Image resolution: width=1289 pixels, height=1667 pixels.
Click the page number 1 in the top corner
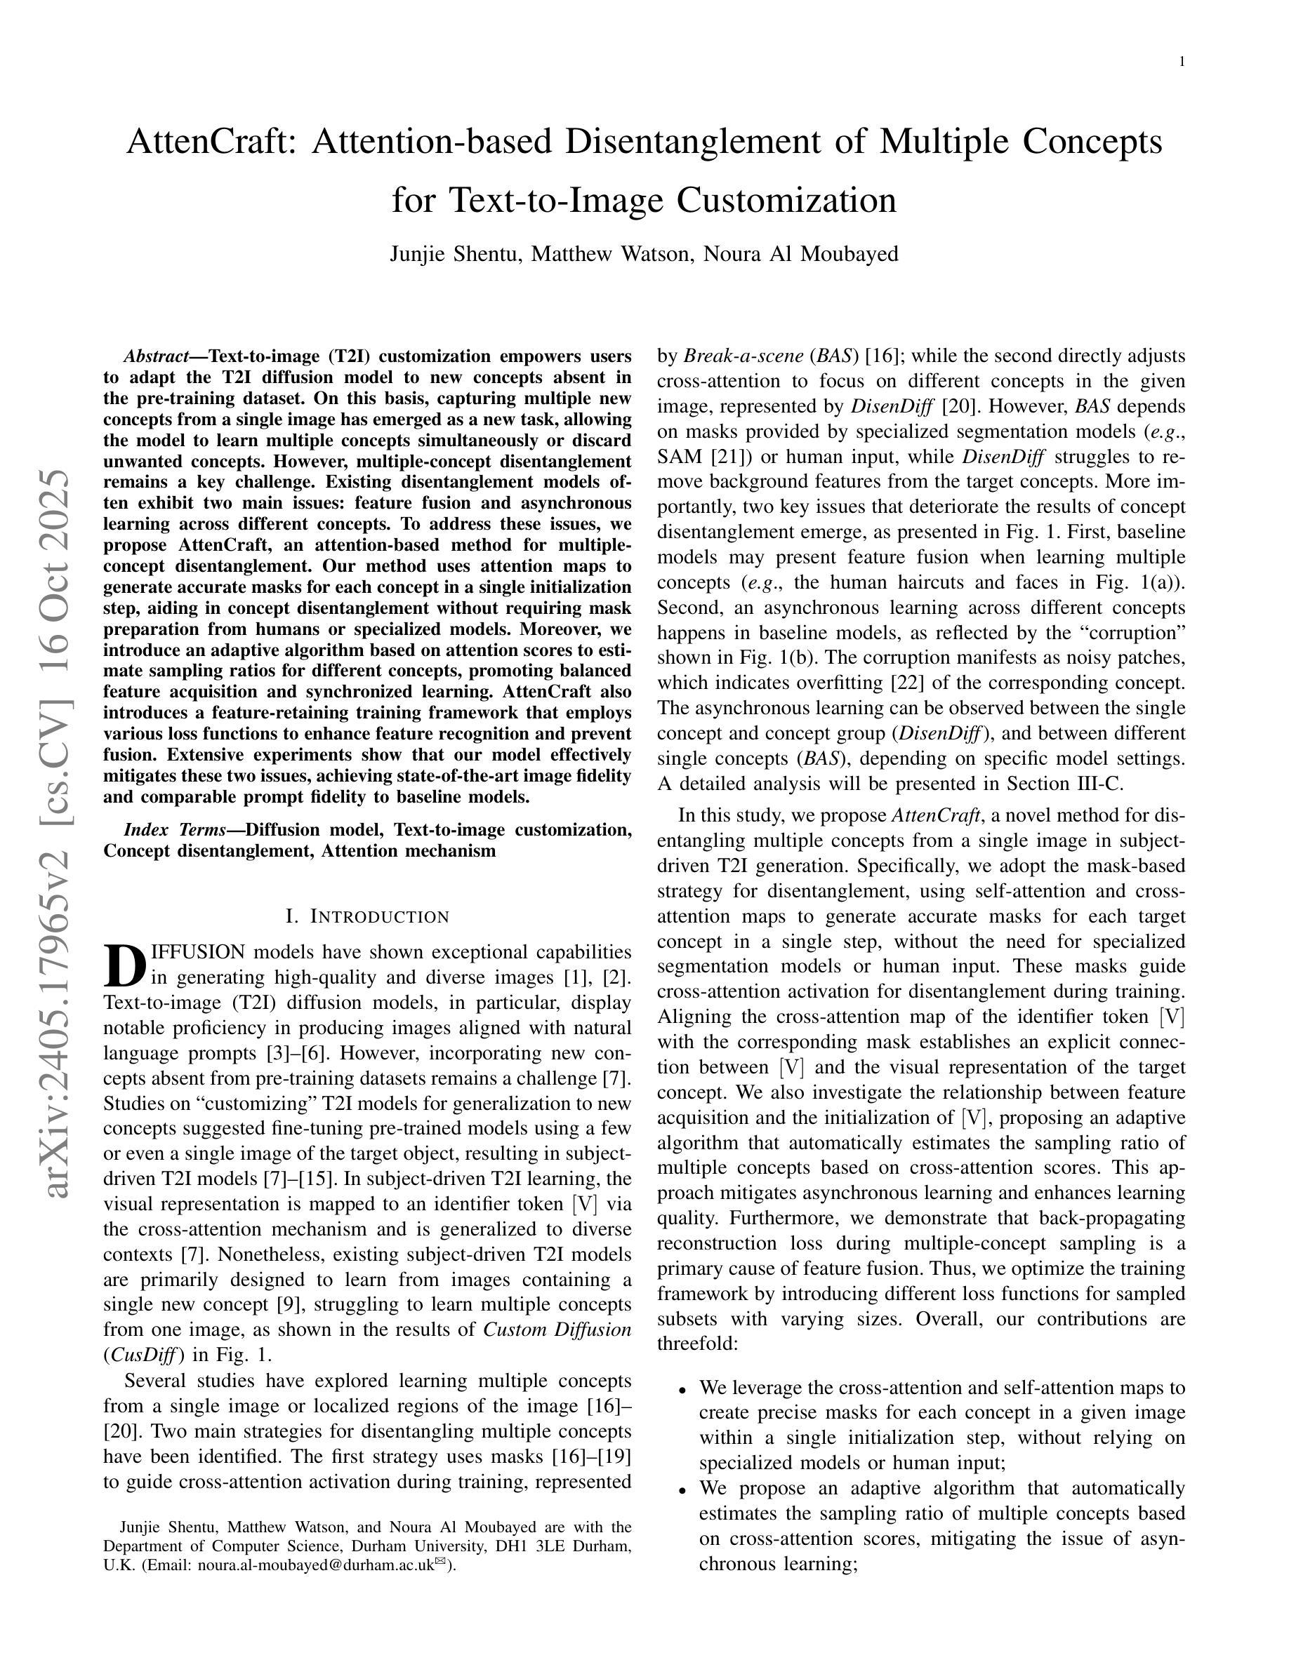(x=1182, y=62)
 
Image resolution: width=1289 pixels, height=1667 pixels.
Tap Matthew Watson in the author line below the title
(x=610, y=253)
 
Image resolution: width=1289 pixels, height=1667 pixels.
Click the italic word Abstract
(x=157, y=356)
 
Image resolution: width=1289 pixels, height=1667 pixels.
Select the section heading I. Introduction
(x=366, y=917)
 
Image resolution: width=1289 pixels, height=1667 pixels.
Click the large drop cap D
(x=124, y=965)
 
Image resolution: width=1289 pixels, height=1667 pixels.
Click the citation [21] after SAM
(x=727, y=457)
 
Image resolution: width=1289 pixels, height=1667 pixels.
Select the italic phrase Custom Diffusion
(x=557, y=1329)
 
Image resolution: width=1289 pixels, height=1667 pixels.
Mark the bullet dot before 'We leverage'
(x=681, y=1388)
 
